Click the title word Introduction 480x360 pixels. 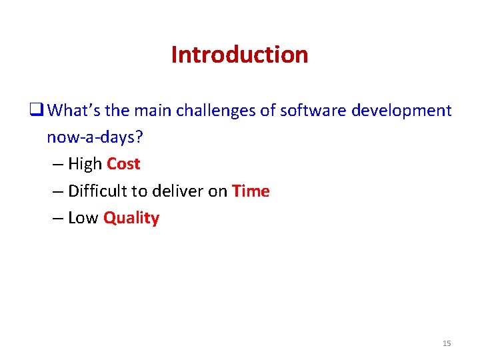[239, 55]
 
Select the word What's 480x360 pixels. [72, 110]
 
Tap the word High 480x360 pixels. [85, 164]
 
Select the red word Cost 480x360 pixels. [123, 164]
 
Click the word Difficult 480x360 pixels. [98, 191]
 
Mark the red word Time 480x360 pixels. [251, 191]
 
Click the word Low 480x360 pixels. [83, 218]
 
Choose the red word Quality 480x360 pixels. [131, 219]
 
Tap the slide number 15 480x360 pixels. [447, 343]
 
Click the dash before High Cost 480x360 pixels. [56, 165]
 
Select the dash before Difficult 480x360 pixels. [56, 192]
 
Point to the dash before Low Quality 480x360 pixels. [56, 219]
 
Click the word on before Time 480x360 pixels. [217, 191]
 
